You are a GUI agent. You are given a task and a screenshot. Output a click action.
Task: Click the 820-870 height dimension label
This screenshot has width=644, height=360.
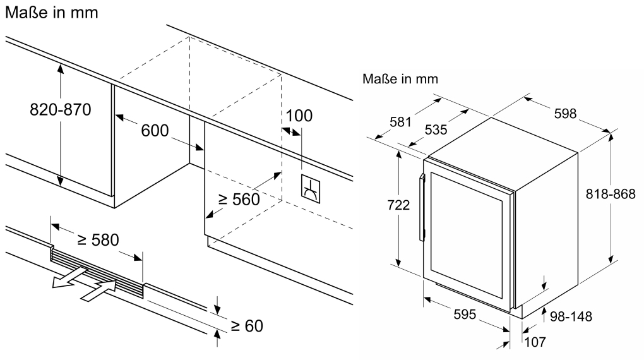click(61, 110)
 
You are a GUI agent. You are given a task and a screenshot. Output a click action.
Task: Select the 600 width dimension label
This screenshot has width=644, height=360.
click(155, 131)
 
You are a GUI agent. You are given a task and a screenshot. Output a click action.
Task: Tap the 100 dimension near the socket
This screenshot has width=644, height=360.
click(299, 116)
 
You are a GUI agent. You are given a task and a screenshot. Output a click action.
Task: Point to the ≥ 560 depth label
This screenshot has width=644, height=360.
click(239, 200)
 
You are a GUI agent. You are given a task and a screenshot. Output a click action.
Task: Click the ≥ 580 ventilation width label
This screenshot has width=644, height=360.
click(98, 239)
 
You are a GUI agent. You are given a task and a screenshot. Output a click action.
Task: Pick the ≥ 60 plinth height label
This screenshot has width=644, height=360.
click(247, 326)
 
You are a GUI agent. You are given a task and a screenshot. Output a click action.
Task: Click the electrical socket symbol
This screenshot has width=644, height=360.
click(311, 189)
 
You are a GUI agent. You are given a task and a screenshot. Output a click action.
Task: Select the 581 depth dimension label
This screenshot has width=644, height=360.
click(400, 122)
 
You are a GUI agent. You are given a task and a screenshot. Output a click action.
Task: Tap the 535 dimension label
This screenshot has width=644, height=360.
click(436, 130)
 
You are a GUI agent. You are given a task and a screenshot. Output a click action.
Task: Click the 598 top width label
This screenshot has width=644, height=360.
click(566, 114)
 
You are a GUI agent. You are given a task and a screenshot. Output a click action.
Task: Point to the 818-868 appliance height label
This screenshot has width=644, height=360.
click(611, 194)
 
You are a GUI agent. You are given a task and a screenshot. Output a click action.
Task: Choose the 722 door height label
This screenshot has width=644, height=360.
click(398, 205)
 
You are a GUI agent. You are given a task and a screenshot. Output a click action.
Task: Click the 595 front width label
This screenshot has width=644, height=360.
click(465, 315)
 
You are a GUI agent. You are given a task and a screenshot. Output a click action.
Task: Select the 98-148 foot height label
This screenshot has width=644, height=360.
click(571, 316)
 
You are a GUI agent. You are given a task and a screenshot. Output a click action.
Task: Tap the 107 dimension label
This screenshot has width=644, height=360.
click(535, 342)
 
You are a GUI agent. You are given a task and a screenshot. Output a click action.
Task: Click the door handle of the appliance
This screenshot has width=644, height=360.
click(422, 208)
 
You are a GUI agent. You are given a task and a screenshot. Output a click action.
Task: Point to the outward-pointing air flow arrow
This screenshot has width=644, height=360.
click(70, 278)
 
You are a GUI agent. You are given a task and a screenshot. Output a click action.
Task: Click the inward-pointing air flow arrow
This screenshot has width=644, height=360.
click(98, 291)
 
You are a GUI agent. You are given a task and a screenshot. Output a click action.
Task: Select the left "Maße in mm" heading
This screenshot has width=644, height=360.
click(52, 13)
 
